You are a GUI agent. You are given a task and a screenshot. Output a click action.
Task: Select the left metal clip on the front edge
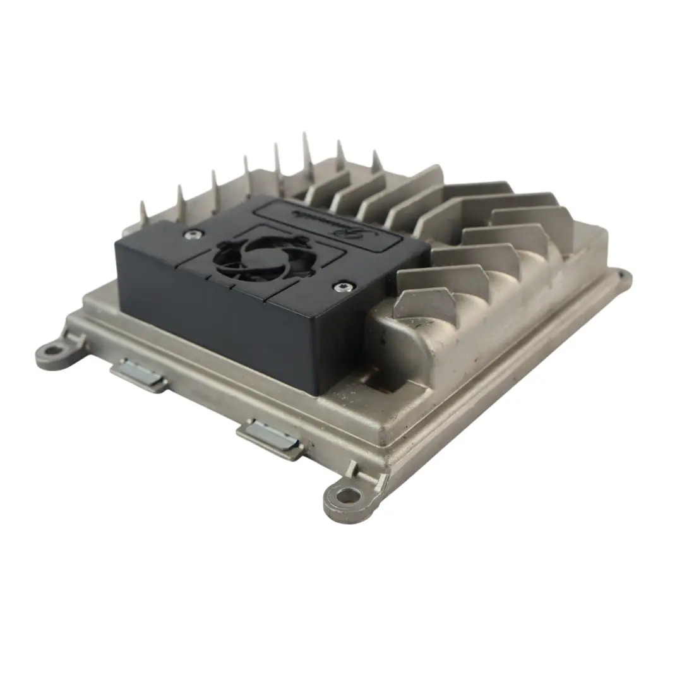tap(139, 376)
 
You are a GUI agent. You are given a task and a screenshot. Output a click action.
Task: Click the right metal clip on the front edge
tap(270, 439)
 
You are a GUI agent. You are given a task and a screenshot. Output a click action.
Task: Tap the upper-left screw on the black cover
tap(191, 234)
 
